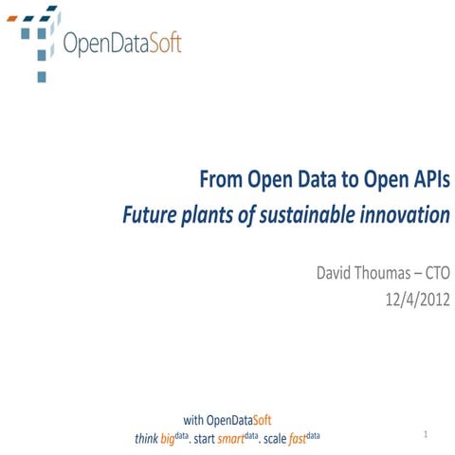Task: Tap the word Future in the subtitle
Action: coord(152,214)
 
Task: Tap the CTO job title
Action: coord(435,274)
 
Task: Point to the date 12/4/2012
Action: coord(413,301)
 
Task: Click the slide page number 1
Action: coord(428,434)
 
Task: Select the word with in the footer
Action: coord(192,419)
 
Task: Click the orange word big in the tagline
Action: coord(168,439)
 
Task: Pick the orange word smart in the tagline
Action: coord(231,439)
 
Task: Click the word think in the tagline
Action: coord(147,439)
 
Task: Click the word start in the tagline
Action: coord(206,439)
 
